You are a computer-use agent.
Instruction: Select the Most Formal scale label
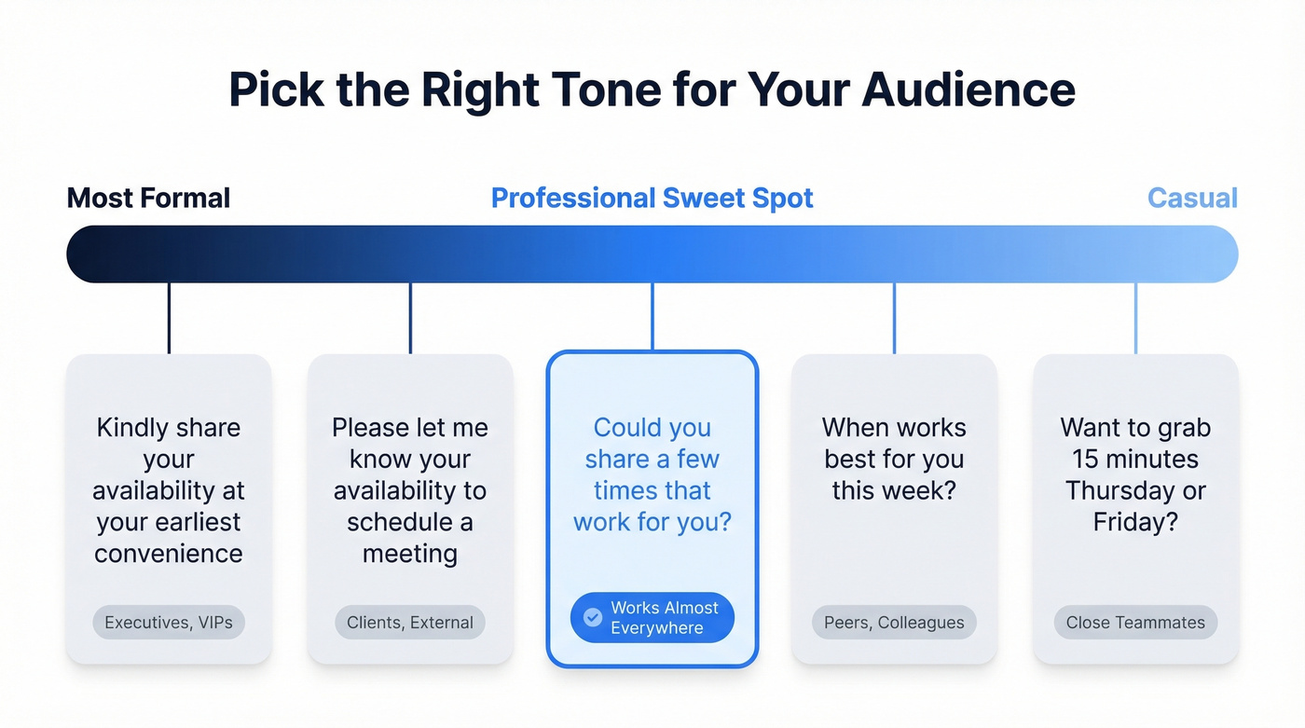148,198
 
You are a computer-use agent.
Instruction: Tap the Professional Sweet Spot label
652,198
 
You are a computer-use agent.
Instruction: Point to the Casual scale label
1192,198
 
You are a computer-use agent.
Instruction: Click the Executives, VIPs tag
169,623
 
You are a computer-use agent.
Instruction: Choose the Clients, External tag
410,623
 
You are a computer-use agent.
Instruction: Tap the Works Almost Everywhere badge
652,617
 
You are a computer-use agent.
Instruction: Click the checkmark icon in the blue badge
592,617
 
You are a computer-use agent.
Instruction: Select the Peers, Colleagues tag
894,623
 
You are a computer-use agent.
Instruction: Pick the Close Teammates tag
1135,623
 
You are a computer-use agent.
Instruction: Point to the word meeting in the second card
410,554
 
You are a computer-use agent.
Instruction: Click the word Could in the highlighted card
626,428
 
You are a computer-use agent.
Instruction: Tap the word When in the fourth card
856,428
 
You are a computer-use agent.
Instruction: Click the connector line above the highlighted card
652,317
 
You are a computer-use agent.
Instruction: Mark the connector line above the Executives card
169,317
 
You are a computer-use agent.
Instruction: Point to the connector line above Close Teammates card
1135,317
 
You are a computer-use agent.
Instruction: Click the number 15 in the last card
1085,460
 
